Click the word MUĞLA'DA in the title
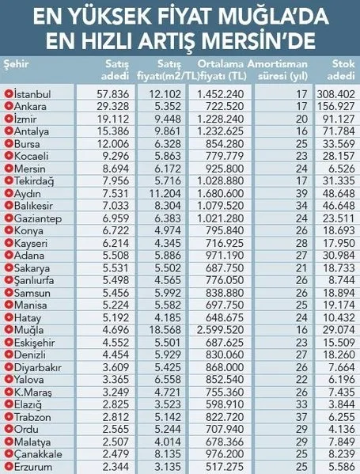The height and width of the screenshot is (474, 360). pyautogui.click(x=273, y=16)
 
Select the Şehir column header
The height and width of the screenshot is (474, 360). pyautogui.click(x=16, y=64)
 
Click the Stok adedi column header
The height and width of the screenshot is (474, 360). pyautogui.click(x=341, y=70)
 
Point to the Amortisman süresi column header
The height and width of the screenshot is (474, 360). pyautogui.click(x=278, y=70)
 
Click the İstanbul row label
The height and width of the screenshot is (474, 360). pyautogui.click(x=32, y=94)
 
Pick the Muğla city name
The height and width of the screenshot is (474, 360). pyautogui.click(x=28, y=330)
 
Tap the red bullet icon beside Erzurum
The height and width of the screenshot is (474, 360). pyautogui.click(x=9, y=466)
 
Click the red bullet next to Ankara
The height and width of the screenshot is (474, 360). pyautogui.click(x=9, y=106)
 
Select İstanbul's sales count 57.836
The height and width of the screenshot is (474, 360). pyautogui.click(x=112, y=94)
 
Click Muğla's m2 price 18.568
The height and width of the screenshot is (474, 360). pyautogui.click(x=165, y=330)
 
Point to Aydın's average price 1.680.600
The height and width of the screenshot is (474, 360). pyautogui.click(x=221, y=193)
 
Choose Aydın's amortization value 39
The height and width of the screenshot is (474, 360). pyautogui.click(x=301, y=193)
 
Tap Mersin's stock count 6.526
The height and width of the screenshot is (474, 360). pyautogui.click(x=342, y=169)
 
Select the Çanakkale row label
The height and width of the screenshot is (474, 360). pyautogui.click(x=38, y=454)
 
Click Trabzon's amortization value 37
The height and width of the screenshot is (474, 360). pyautogui.click(x=301, y=417)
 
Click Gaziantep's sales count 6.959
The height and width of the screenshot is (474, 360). pyautogui.click(x=116, y=218)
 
